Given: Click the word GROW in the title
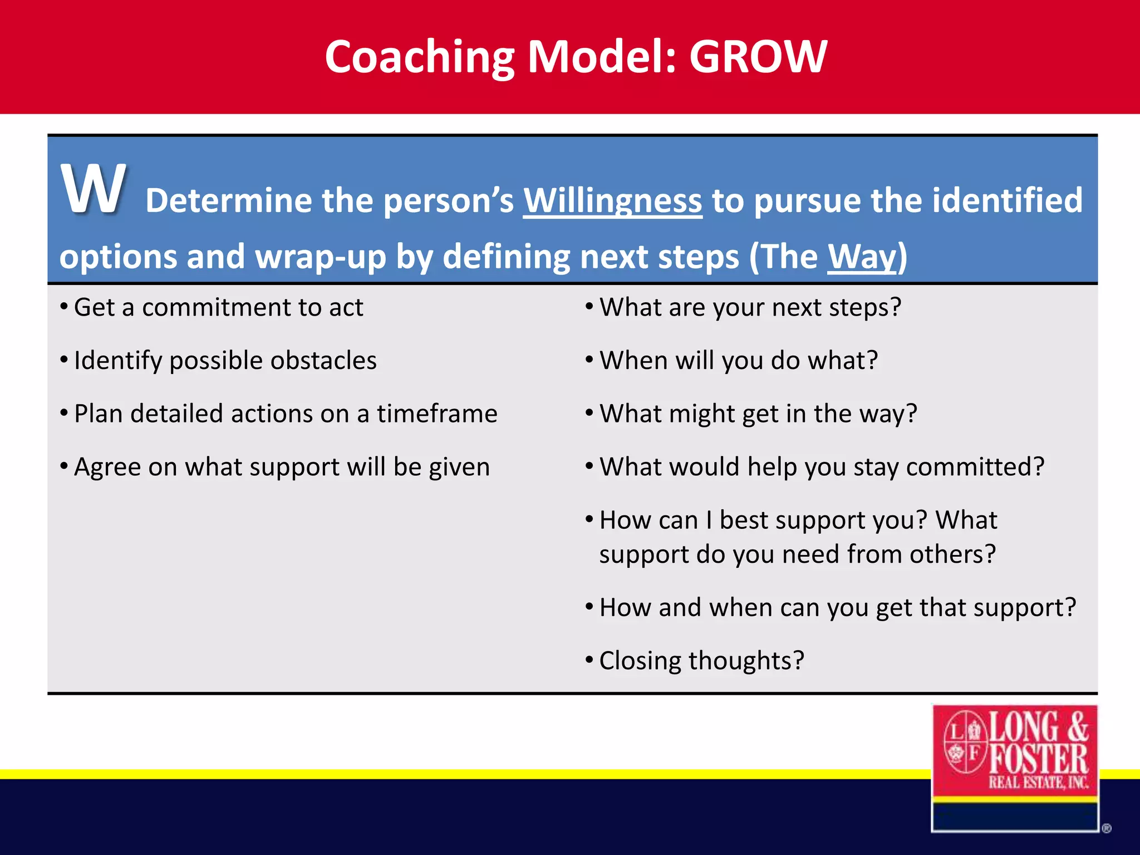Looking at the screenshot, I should click(758, 57).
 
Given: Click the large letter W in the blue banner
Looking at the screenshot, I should click(94, 189).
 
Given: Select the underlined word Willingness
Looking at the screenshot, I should click(612, 200).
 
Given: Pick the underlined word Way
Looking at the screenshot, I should click(862, 257).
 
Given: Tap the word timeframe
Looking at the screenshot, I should click(437, 414).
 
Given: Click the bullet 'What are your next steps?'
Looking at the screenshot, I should click(750, 308).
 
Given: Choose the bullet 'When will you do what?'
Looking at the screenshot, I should click(738, 361).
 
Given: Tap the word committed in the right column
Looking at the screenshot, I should click(975, 467).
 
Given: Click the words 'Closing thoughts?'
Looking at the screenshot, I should click(701, 661).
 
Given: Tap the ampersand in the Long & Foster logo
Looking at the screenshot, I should click(1078, 726).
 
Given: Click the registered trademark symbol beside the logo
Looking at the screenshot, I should click(1106, 829).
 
